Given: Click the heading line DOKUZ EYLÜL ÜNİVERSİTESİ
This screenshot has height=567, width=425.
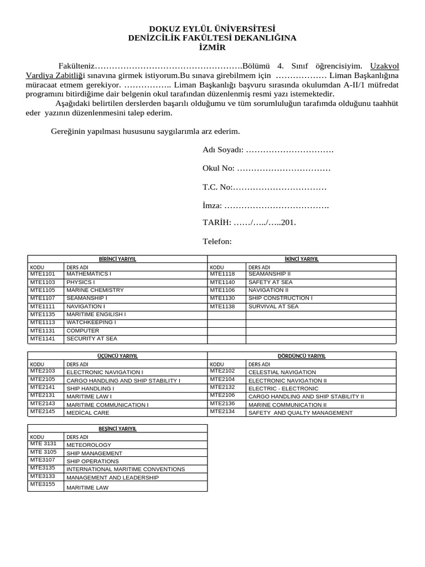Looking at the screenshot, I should pyautogui.click(x=212, y=29).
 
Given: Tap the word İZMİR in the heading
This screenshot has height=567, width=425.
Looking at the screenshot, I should pyautogui.click(x=212, y=47).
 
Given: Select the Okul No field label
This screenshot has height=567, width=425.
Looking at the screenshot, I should pyautogui.click(x=219, y=168).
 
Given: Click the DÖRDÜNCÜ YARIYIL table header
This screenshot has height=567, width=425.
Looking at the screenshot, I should pyautogui.click(x=302, y=355).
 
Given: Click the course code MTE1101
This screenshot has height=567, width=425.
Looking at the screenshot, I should pyautogui.click(x=43, y=274).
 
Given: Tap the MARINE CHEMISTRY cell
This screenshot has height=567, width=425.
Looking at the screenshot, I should pyautogui.click(x=95, y=290).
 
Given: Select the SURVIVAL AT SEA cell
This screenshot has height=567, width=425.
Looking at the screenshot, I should pyautogui.click(x=273, y=306).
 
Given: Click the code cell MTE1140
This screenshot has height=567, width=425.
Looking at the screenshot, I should pyautogui.click(x=222, y=282).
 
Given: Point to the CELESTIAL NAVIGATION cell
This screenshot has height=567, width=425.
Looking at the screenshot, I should pyautogui.click(x=282, y=372).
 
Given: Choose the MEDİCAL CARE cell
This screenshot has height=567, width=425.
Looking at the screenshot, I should pyautogui.click(x=88, y=413).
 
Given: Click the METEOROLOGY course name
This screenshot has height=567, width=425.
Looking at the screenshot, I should pyautogui.click(x=89, y=445).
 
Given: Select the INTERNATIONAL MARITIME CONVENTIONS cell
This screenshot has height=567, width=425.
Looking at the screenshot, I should pyautogui.click(x=126, y=469).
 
